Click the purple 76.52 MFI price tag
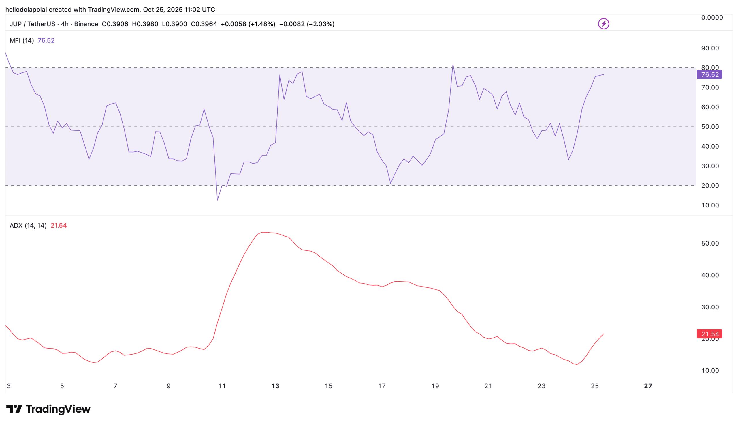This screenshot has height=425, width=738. (x=709, y=74)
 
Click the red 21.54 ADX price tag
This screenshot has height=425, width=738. (x=709, y=334)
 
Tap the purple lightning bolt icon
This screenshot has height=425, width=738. (x=603, y=24)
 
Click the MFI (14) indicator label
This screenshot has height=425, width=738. (x=22, y=40)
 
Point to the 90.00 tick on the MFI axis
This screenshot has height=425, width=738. (x=710, y=48)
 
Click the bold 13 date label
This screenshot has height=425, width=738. (x=275, y=386)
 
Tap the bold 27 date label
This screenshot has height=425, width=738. (x=648, y=386)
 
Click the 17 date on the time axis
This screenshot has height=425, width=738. (x=382, y=386)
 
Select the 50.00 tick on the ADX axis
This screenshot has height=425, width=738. (x=710, y=244)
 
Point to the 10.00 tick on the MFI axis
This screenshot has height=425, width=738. (x=710, y=205)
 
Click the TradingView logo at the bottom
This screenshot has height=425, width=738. (x=48, y=409)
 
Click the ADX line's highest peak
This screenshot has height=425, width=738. (x=263, y=232)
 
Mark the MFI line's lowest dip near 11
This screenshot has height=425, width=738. (x=218, y=200)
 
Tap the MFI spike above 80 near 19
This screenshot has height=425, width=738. (x=453, y=64)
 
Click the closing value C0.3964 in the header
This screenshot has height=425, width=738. (x=204, y=24)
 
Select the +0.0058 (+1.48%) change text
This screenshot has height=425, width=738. (x=248, y=24)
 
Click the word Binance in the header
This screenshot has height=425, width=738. (x=86, y=24)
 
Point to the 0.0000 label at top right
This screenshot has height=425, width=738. (x=712, y=18)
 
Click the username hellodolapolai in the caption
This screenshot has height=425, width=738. (x=26, y=9)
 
